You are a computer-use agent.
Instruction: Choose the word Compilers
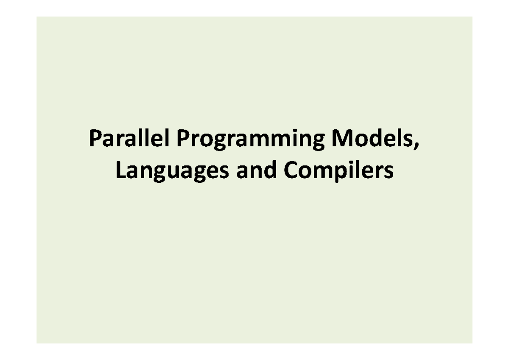point(338,171)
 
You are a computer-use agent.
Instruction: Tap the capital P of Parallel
point(94,140)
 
